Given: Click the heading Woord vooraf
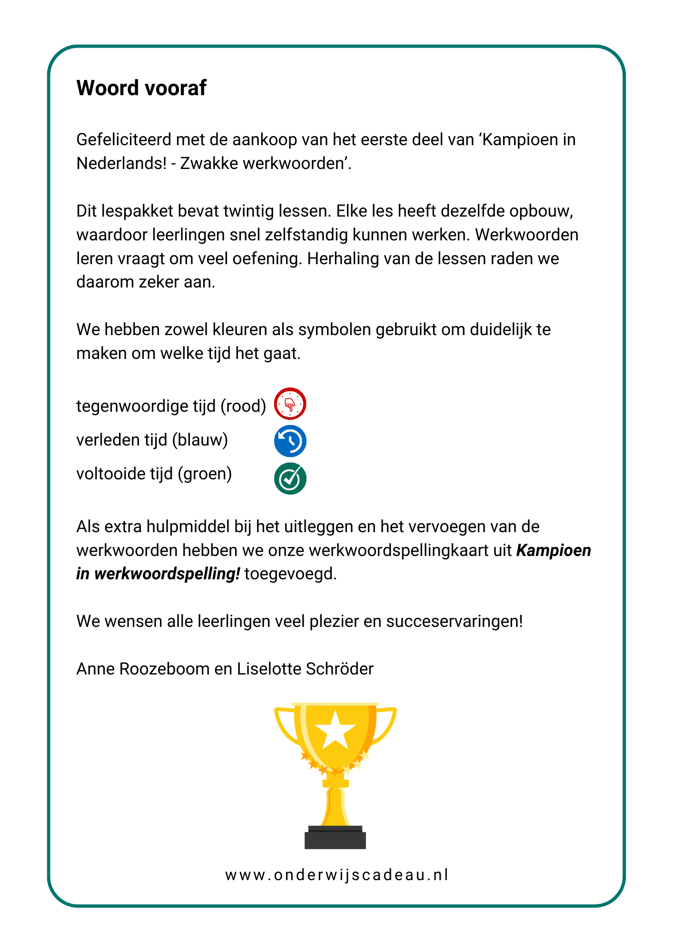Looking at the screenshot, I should pyautogui.click(x=141, y=88).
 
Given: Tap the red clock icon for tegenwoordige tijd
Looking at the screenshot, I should pyautogui.click(x=290, y=404).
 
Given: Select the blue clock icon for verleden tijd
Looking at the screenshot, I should pyautogui.click(x=290, y=441).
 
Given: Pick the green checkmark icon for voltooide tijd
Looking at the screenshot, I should pyautogui.click(x=290, y=478).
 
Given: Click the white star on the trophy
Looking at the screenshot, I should pyautogui.click(x=336, y=729).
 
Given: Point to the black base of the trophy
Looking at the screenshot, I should pyautogui.click(x=336, y=839).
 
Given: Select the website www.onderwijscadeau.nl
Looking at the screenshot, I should pyautogui.click(x=336, y=875).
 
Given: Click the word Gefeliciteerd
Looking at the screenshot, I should pyautogui.click(x=123, y=140).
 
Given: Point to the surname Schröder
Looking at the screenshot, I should pyautogui.click(x=339, y=669).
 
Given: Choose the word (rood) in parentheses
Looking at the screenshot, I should pyautogui.click(x=243, y=406).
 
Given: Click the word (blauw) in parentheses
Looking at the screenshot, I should pyautogui.click(x=200, y=440).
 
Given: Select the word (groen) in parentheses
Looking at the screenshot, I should pyautogui.click(x=205, y=474).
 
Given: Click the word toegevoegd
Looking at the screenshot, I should pyautogui.click(x=290, y=574).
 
